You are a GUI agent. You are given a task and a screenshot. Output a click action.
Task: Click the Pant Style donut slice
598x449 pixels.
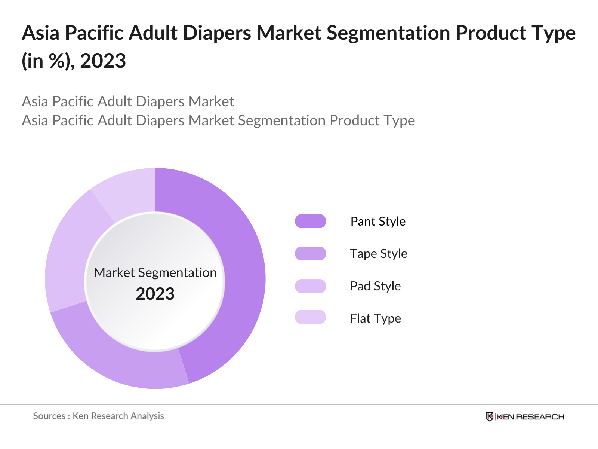pos(239,262)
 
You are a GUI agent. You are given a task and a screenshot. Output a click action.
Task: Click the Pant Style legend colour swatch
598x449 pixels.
pos(310,221)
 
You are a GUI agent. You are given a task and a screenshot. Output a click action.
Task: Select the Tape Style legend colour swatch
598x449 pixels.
pos(310,253)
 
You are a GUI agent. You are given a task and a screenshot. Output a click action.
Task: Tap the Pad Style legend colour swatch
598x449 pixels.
pos(310,286)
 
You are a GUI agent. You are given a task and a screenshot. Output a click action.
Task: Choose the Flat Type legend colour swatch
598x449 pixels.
pos(310,317)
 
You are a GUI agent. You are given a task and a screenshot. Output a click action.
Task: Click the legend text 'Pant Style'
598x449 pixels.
pos(378,221)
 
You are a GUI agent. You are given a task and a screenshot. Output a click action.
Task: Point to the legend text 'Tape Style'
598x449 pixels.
pos(379,253)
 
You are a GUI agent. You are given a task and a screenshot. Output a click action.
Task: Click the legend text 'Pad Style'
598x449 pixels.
pos(375,286)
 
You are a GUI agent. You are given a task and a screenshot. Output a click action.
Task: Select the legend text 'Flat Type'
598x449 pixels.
pos(375,318)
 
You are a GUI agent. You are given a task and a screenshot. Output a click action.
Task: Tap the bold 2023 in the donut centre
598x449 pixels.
pos(155,294)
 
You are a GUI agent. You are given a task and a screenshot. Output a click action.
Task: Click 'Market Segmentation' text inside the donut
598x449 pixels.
pos(155,272)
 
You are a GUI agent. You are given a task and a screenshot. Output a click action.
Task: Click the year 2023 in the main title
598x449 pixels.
pos(103,61)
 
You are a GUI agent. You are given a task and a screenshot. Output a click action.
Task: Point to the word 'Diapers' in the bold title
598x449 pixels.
pos(217,33)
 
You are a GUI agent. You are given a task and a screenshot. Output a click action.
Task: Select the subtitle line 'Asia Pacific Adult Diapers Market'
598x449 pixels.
pos(128,101)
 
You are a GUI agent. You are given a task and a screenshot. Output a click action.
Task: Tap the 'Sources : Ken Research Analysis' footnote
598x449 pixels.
pos(98,416)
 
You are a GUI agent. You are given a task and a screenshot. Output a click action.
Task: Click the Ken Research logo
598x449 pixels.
pos(525,416)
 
